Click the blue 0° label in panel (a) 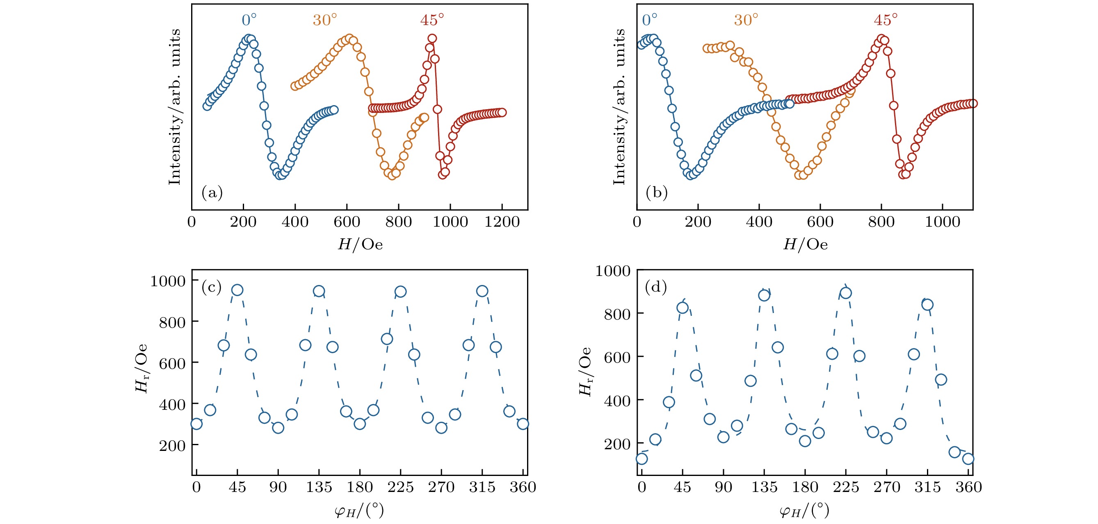(x=249, y=20)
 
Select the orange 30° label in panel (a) (x=325, y=20)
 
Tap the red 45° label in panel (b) (x=885, y=20)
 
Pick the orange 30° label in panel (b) (x=746, y=20)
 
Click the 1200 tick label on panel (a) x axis (x=502, y=222)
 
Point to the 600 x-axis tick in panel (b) (x=820, y=222)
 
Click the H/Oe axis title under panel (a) (x=360, y=244)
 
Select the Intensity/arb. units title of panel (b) (x=619, y=107)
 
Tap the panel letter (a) (x=212, y=193)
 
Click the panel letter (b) (x=656, y=193)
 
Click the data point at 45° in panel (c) (x=237, y=290)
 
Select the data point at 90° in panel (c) (x=278, y=427)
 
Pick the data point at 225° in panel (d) (x=846, y=293)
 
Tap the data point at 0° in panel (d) (x=641, y=459)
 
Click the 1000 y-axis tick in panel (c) (x=167, y=281)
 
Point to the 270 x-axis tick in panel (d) (x=887, y=487)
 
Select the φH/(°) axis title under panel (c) (x=359, y=510)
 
